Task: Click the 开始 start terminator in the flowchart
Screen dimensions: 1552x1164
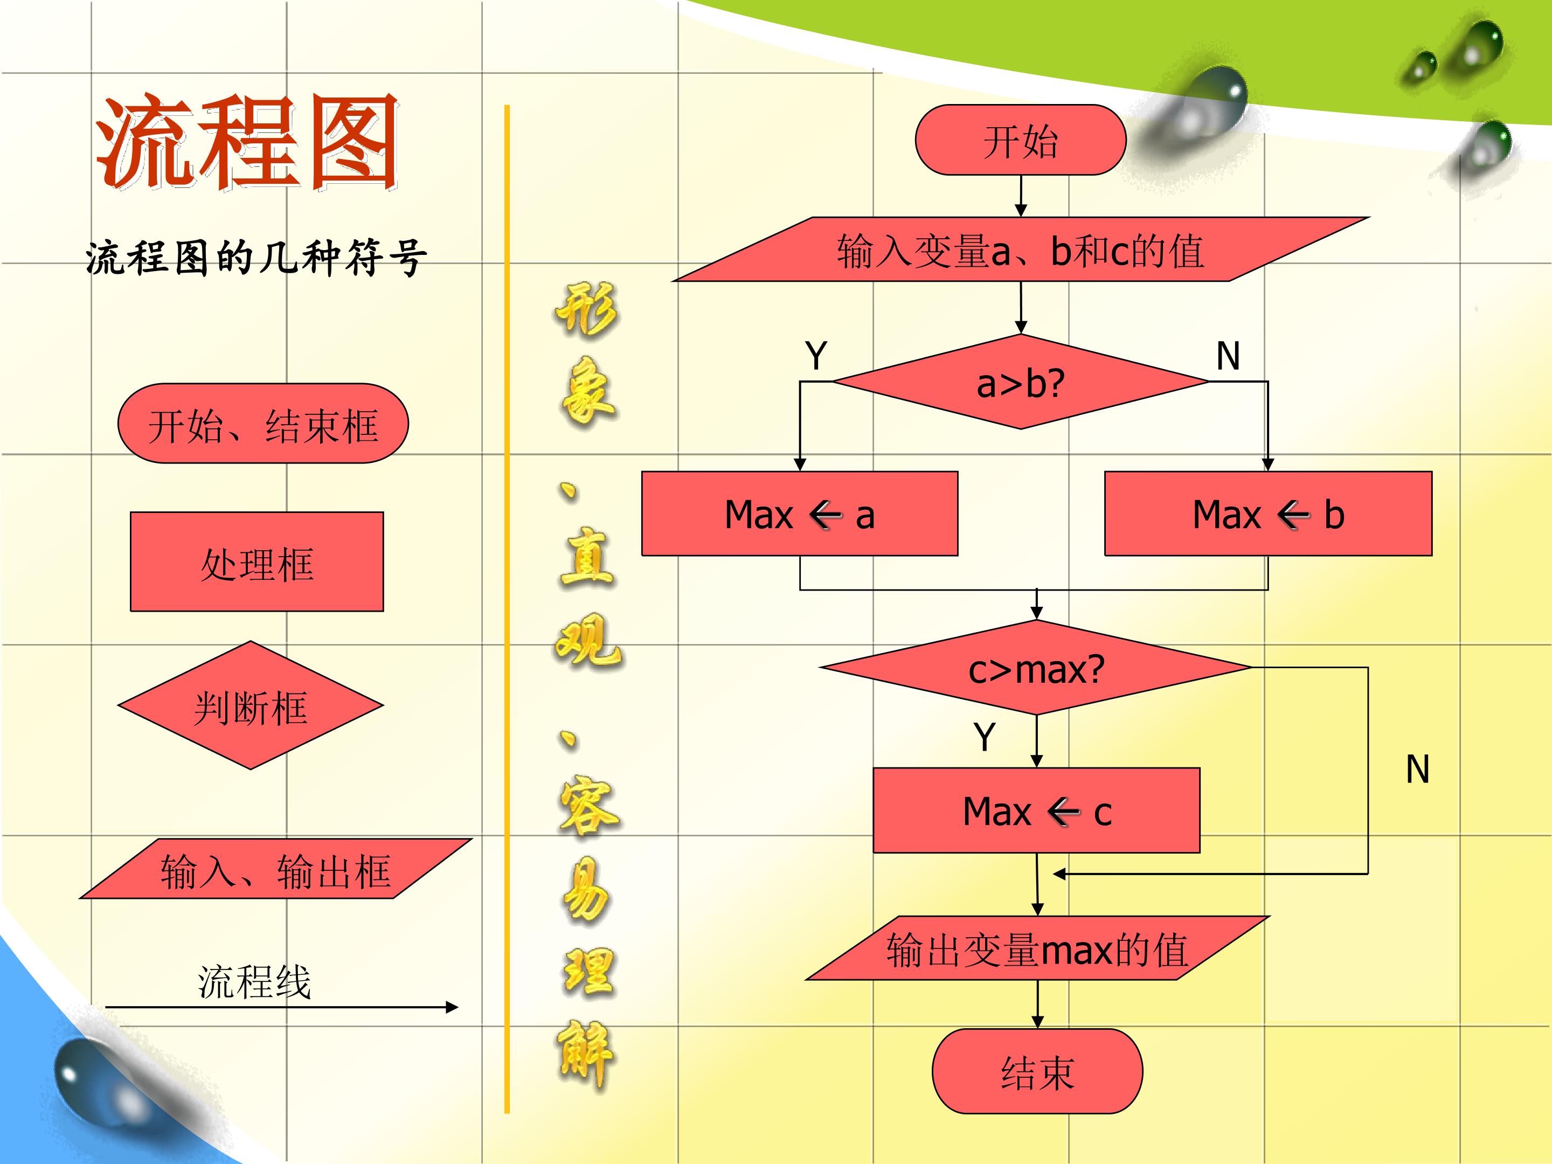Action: point(1020,140)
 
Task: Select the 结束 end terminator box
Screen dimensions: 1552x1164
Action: point(1037,1071)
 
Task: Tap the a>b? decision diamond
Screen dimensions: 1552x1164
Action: point(1021,382)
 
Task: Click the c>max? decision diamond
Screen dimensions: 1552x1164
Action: point(1036,668)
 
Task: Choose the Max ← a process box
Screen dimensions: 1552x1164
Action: point(800,514)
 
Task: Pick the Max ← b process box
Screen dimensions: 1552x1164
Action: point(1269,514)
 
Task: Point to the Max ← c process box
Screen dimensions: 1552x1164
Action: point(1036,810)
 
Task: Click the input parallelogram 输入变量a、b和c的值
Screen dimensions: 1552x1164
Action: point(1021,249)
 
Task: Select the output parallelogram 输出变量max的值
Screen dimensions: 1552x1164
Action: point(1037,948)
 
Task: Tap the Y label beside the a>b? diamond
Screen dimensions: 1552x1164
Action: point(816,355)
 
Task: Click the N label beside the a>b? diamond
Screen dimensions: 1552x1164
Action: point(1228,356)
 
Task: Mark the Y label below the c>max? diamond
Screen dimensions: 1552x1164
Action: point(985,737)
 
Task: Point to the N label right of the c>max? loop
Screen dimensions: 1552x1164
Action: point(1418,769)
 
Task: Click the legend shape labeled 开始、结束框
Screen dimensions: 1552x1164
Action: point(263,423)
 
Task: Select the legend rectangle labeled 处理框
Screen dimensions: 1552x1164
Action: point(257,562)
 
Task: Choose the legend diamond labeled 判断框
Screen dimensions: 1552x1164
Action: point(251,705)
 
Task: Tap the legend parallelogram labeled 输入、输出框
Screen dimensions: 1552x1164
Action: point(276,869)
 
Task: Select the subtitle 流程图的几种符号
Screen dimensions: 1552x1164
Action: point(256,258)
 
